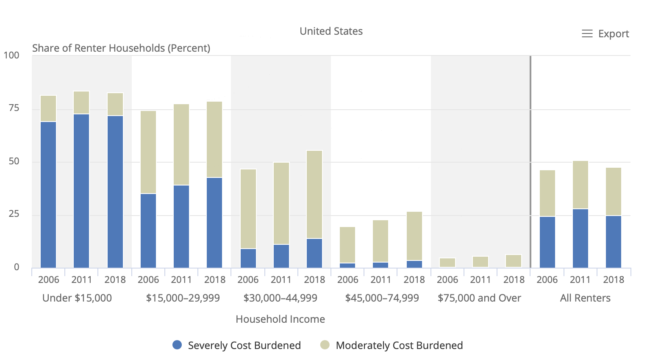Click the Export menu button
(x=605, y=34)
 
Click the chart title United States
(x=331, y=31)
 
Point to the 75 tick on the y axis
(x=14, y=108)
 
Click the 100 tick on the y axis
(x=11, y=55)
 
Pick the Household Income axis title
(x=280, y=319)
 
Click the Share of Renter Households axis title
(x=121, y=48)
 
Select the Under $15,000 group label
(x=77, y=298)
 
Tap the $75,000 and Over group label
(x=479, y=298)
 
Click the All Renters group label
(x=585, y=298)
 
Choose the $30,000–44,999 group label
(x=280, y=298)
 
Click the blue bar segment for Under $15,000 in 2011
(x=81, y=191)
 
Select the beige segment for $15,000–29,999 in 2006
(x=148, y=152)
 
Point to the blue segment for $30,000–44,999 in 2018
(x=314, y=253)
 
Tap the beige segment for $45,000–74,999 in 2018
(x=414, y=236)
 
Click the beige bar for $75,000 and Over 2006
(x=447, y=263)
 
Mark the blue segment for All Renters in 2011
(x=580, y=238)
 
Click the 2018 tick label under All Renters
(x=614, y=280)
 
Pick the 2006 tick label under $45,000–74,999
(x=348, y=280)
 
